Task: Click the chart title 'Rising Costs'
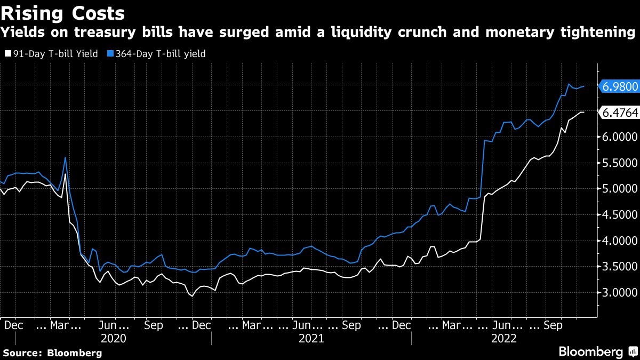pos(63,13)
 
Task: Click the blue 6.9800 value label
pos(619,86)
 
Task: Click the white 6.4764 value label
pos(619,112)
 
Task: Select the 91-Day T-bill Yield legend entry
pos(51,53)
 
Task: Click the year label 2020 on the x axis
pos(113,338)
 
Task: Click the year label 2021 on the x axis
pos(311,338)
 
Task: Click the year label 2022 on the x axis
pos(503,338)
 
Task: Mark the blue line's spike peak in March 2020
pos(65,158)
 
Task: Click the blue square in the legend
pos(110,53)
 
